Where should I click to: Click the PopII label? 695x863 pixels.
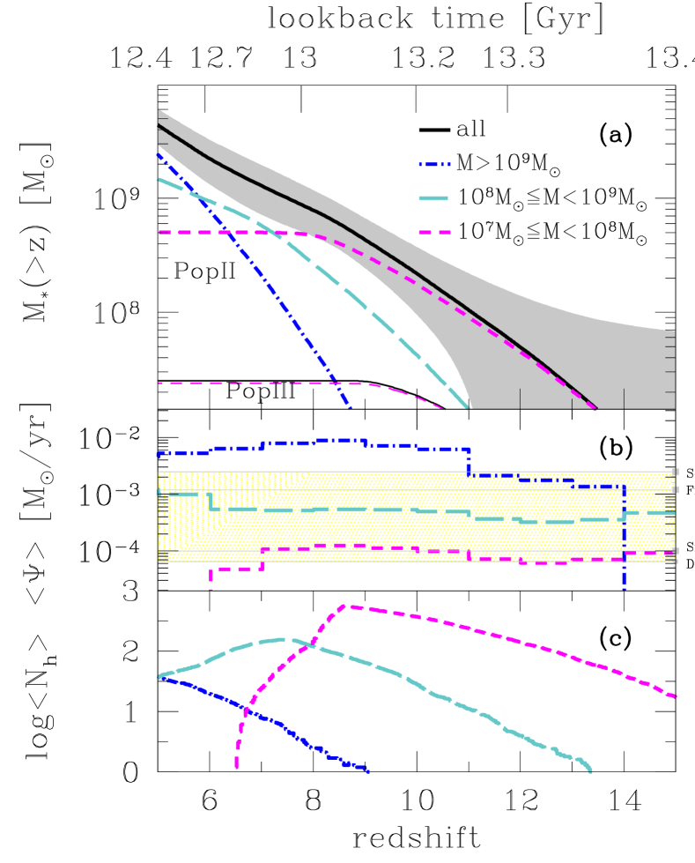pyautogui.click(x=204, y=272)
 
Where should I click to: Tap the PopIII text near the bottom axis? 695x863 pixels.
pyautogui.click(x=260, y=391)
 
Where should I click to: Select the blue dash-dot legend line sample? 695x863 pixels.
pyautogui.click(x=434, y=164)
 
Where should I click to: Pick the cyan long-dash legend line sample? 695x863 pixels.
pyautogui.click(x=434, y=198)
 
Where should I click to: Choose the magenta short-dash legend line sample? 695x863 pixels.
pyautogui.click(x=434, y=233)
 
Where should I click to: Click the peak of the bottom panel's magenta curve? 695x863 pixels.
pyautogui.click(x=350, y=606)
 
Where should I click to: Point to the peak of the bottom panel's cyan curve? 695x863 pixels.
pyautogui.click(x=280, y=639)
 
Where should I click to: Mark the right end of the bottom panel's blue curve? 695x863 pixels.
pyautogui.click(x=367, y=771)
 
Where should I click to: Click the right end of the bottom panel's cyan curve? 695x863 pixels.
pyautogui.click(x=591, y=771)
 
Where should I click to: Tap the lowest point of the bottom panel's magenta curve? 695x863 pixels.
pyautogui.click(x=236, y=768)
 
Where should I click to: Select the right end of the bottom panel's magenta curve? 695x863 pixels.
pyautogui.click(x=676, y=696)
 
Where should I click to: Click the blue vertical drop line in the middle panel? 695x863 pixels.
pyautogui.click(x=624, y=538)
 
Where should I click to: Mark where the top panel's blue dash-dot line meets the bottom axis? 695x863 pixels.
pyautogui.click(x=350, y=408)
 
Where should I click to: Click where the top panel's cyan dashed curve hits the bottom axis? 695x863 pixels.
pyautogui.click(x=469, y=408)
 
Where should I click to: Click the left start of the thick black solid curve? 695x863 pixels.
pyautogui.click(x=159, y=127)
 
